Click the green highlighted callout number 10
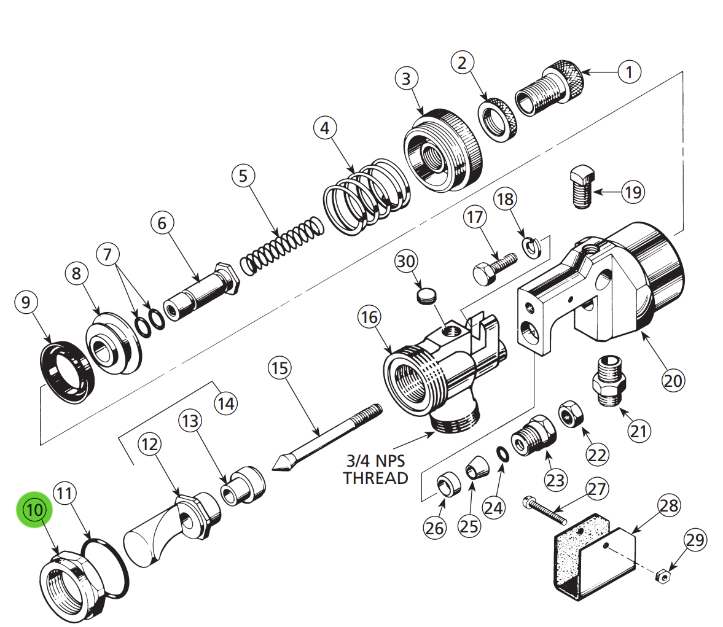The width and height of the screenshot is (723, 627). (x=34, y=509)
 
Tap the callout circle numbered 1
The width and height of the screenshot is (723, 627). (x=628, y=72)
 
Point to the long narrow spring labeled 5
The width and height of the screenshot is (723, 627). (x=281, y=246)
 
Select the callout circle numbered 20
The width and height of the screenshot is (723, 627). (x=673, y=380)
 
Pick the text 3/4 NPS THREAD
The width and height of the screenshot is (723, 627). (x=375, y=469)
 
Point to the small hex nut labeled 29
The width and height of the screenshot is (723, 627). (x=662, y=575)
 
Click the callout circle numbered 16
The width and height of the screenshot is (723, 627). (x=369, y=317)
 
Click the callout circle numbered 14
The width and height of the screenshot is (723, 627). (x=225, y=403)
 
